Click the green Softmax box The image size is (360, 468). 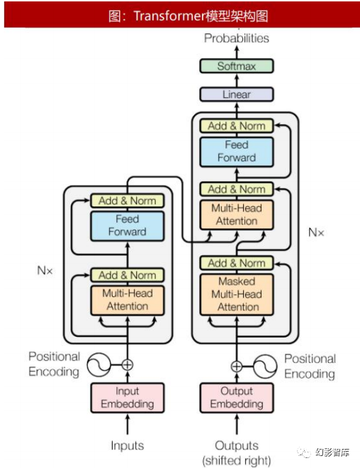[x=237, y=66]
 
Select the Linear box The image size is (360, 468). [x=237, y=94]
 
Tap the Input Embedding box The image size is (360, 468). [x=128, y=398]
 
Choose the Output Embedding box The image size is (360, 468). [x=237, y=398]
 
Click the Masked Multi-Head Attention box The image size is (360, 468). [x=237, y=294]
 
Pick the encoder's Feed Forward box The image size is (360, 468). [x=128, y=225]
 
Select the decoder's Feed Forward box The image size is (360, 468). [x=237, y=152]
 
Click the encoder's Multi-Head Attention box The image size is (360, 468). [x=128, y=300]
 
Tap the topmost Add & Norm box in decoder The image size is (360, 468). [x=237, y=126]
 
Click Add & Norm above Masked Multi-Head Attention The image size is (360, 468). [x=237, y=263]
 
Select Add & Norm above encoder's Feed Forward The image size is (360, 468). [x=128, y=201]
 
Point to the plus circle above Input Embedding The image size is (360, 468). [x=128, y=364]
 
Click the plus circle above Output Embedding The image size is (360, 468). [x=237, y=366]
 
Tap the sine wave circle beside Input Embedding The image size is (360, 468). [x=99, y=364]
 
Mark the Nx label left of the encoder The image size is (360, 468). [x=45, y=270]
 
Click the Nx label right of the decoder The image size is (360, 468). [x=316, y=232]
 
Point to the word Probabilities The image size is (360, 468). [x=237, y=38]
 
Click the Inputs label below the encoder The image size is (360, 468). [x=128, y=445]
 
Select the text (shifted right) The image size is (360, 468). [x=237, y=460]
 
